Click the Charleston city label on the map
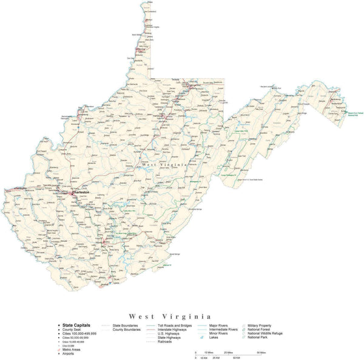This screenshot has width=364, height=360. coord(81,192)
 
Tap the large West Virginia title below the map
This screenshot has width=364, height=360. coord(170,316)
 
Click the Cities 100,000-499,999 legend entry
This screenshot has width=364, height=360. coord(79,333)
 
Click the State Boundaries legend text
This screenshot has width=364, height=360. coord(125,325)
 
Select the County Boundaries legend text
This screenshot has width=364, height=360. coord(126,329)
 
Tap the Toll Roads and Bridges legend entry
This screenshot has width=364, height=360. coord(174,325)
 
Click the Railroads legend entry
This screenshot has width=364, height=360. coord(164,341)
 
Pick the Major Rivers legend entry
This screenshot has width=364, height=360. coord(218,325)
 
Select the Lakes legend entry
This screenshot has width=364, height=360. coord(214,337)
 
